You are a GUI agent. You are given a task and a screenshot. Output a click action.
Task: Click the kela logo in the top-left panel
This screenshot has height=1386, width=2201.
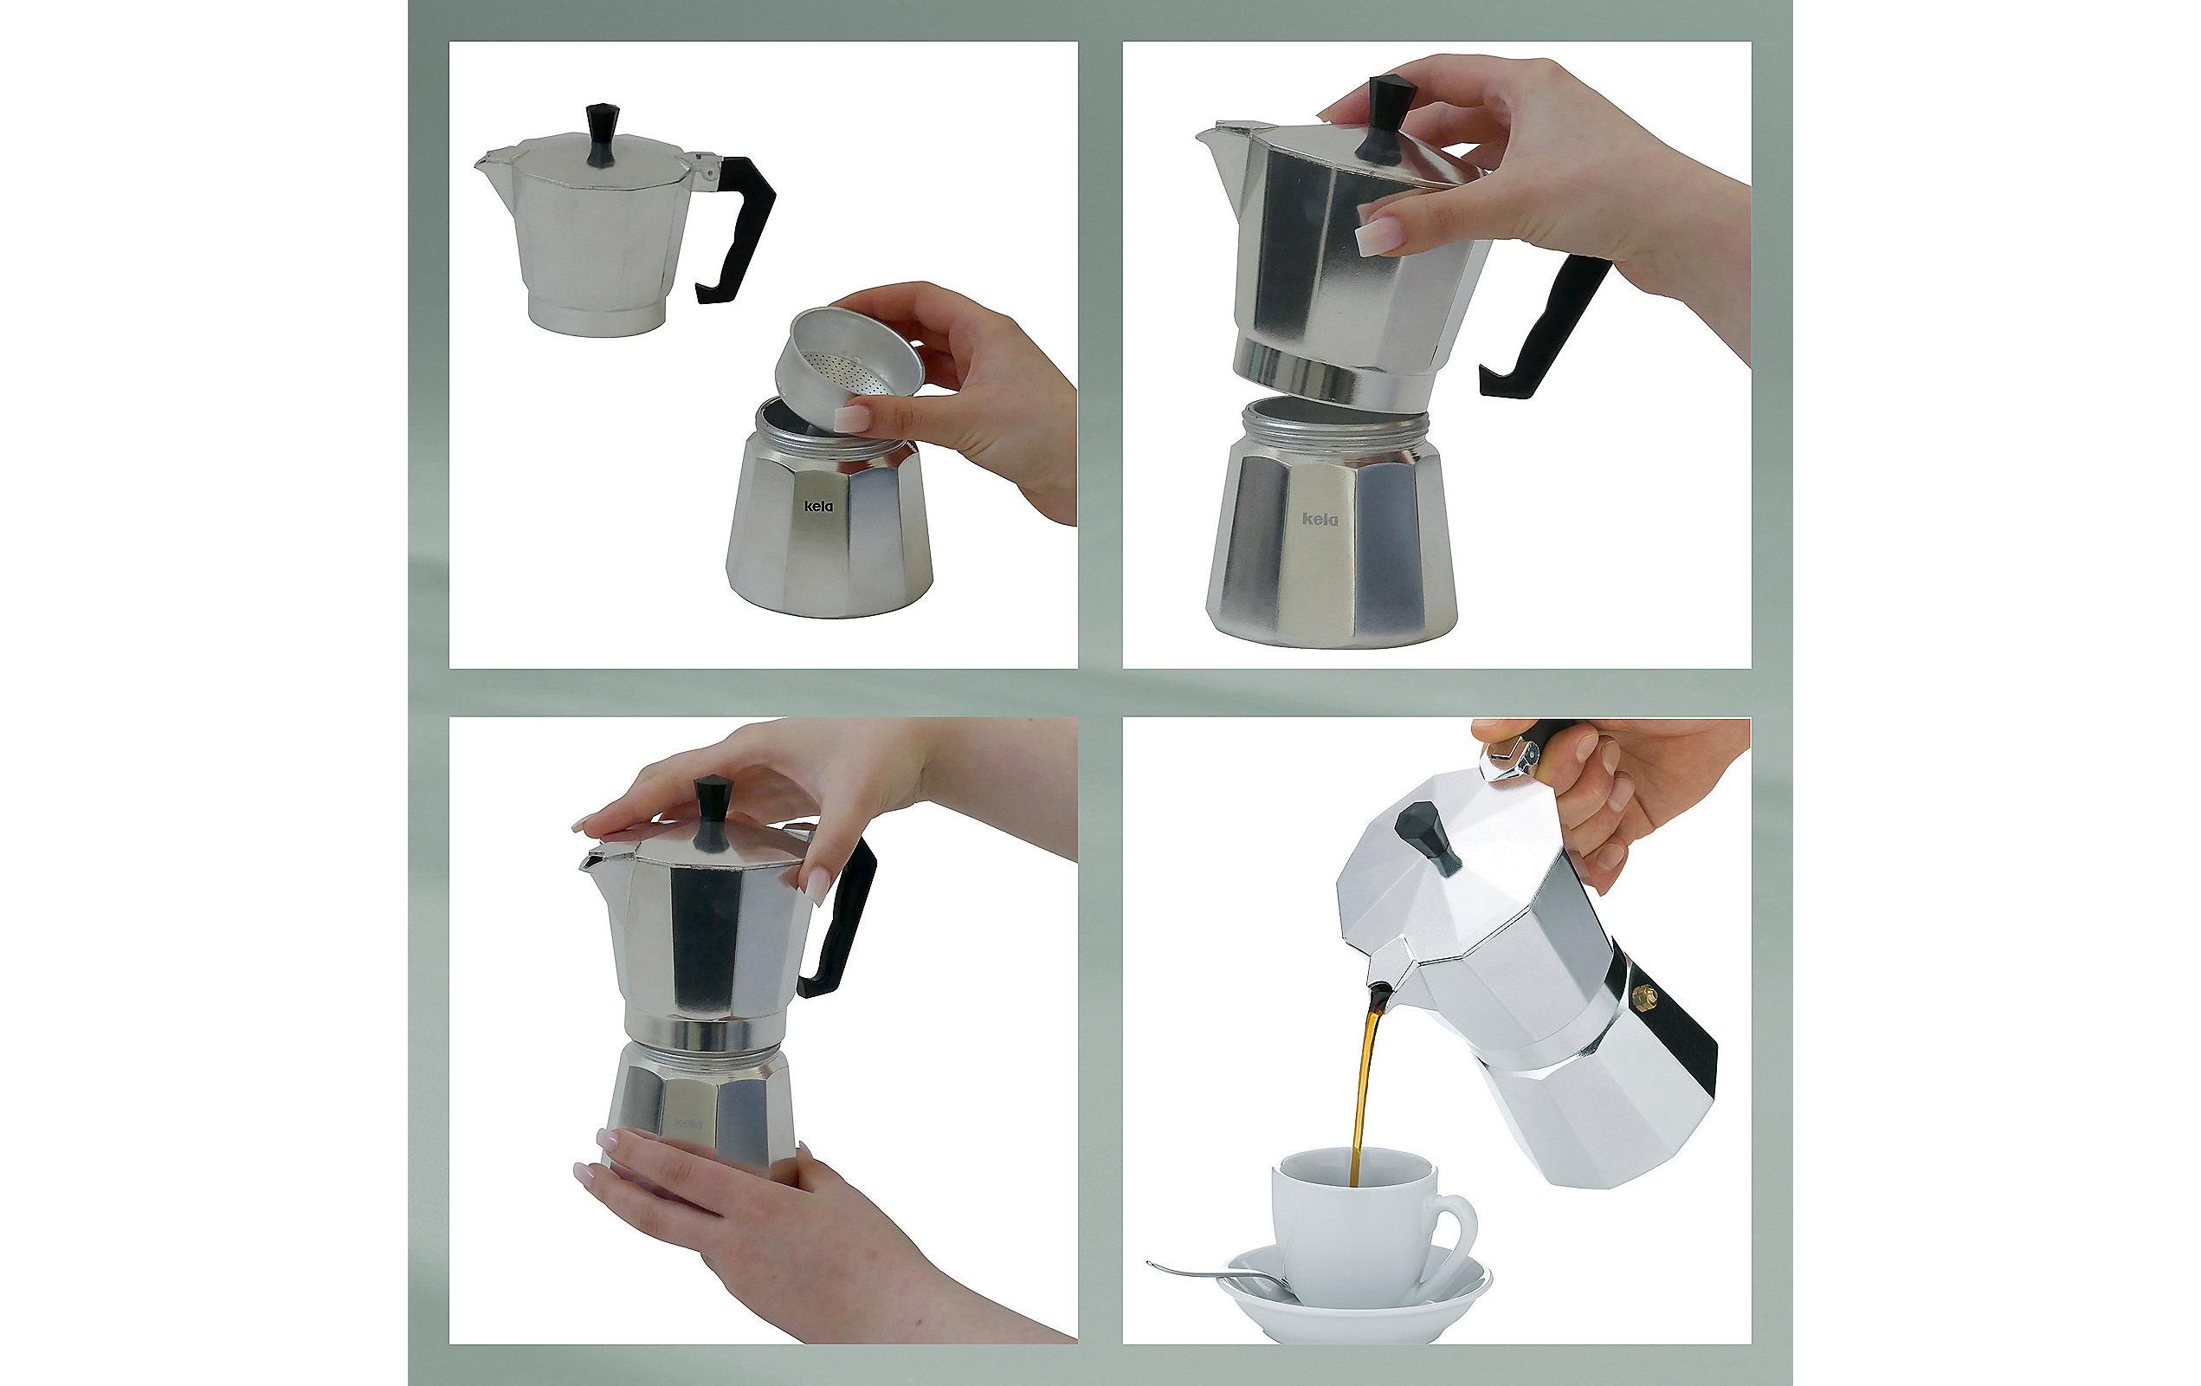click(x=819, y=507)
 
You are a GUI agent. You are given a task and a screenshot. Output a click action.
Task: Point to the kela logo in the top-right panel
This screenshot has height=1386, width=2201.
click(x=1319, y=519)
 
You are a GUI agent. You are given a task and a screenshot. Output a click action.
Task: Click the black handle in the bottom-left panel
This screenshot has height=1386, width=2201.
click(x=841, y=923)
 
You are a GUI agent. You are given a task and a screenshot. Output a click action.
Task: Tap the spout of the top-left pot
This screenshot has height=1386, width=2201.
click(x=489, y=162)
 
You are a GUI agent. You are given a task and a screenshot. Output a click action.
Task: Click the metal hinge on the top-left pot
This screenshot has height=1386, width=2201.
click(x=704, y=166)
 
